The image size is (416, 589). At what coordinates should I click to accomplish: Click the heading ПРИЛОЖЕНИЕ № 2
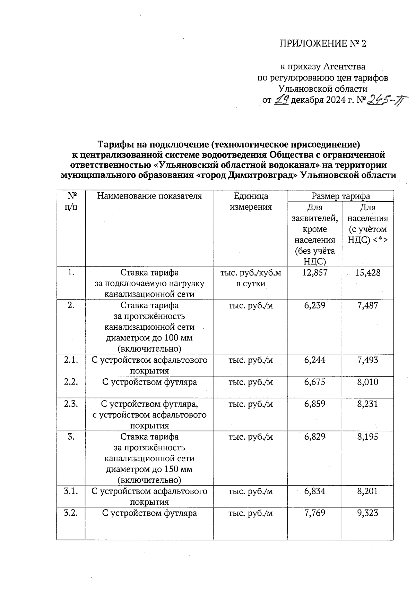tap(322, 43)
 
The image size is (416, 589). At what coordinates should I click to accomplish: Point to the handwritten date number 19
tap(281, 100)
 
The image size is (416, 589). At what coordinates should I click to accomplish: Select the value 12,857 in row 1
tap(314, 273)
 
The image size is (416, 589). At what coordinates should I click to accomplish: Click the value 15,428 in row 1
tap(367, 273)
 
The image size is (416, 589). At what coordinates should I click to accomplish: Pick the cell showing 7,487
tap(367, 305)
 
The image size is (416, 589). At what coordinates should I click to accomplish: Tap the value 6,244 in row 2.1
tap(314, 360)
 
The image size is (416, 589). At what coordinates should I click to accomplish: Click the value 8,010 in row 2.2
tap(367, 382)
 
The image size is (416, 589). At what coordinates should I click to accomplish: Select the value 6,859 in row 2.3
tap(314, 404)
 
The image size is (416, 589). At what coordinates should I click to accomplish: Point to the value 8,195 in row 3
tap(367, 437)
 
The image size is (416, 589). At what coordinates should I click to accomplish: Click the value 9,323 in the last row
tap(367, 513)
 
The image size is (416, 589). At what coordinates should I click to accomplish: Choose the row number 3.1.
tap(71, 491)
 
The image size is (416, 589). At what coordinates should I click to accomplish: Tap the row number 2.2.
tap(71, 382)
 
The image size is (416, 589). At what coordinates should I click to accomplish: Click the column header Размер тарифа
tap(340, 196)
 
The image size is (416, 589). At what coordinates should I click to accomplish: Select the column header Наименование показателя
tap(149, 196)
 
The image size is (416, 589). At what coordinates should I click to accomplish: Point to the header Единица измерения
tap(251, 201)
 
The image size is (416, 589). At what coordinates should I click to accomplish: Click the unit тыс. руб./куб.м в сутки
tap(251, 278)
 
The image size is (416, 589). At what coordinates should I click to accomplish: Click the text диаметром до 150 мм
tap(149, 469)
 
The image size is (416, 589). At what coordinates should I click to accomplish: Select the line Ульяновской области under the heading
tap(323, 89)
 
